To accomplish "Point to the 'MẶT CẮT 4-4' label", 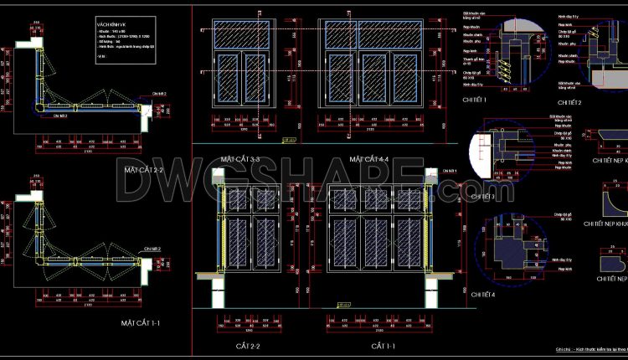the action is coord(369,159).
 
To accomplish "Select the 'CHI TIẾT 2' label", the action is coord(568,103).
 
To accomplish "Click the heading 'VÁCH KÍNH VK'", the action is coord(111,26).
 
